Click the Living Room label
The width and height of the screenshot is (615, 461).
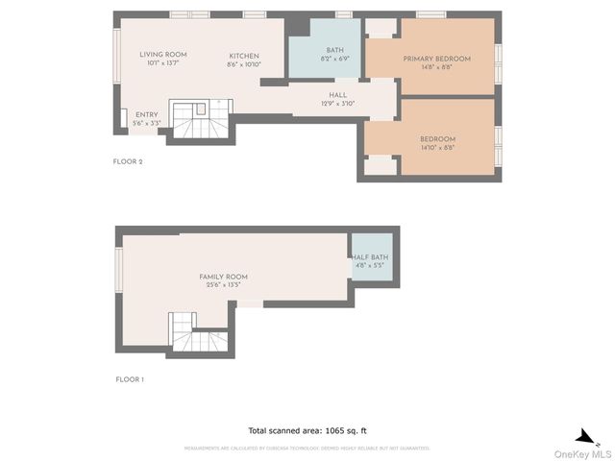pyautogui.click(x=162, y=55)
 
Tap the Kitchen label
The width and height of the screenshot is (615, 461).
pyautogui.click(x=243, y=55)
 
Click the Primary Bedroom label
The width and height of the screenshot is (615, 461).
pyautogui.click(x=436, y=59)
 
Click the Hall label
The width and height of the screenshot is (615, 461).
pyautogui.click(x=337, y=95)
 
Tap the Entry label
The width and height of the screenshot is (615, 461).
pyautogui.click(x=146, y=114)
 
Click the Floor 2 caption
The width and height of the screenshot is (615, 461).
pyautogui.click(x=128, y=162)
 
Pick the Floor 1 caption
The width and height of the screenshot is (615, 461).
pyautogui.click(x=129, y=380)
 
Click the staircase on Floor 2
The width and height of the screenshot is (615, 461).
pyautogui.click(x=200, y=119)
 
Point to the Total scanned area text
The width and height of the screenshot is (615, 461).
pyautogui.click(x=307, y=430)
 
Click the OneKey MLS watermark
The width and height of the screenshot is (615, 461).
pyautogui.click(x=587, y=452)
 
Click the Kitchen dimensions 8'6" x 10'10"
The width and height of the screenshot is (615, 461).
pyautogui.click(x=243, y=64)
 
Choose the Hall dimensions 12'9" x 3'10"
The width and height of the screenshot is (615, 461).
pyautogui.click(x=337, y=104)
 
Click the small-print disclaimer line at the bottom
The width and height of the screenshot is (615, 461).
pyautogui.click(x=307, y=449)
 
